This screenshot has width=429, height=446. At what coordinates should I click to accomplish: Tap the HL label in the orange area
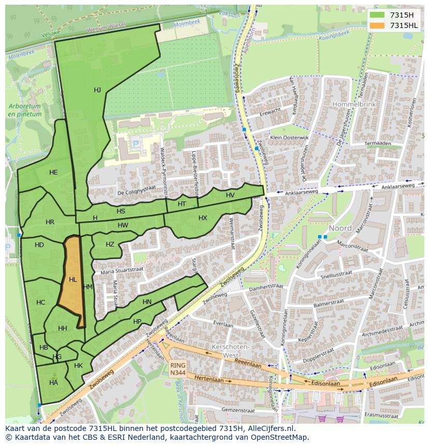coord(73,280)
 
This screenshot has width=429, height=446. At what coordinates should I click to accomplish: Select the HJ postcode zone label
coord(97,90)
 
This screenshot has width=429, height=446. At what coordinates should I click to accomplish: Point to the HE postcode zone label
coord(53,172)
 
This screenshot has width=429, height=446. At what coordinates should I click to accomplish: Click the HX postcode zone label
coord(203,218)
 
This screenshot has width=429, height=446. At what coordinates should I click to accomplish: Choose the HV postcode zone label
coord(230,195)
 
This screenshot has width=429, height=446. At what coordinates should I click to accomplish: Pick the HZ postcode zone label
coord(110,244)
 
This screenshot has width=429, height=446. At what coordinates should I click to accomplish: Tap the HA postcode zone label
coord(53,383)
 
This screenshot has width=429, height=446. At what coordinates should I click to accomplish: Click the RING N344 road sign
coord(177,369)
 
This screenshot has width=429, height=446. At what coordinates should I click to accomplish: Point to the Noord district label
coord(340,228)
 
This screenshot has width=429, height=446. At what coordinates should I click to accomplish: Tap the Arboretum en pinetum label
coord(25,110)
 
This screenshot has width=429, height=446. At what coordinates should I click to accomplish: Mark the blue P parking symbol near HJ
coord(136,144)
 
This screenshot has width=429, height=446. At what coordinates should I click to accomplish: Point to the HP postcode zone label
coord(137,322)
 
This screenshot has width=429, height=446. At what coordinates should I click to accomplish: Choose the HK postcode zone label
coord(78,366)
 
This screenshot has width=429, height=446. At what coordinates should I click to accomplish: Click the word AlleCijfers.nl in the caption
coord(269,428)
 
